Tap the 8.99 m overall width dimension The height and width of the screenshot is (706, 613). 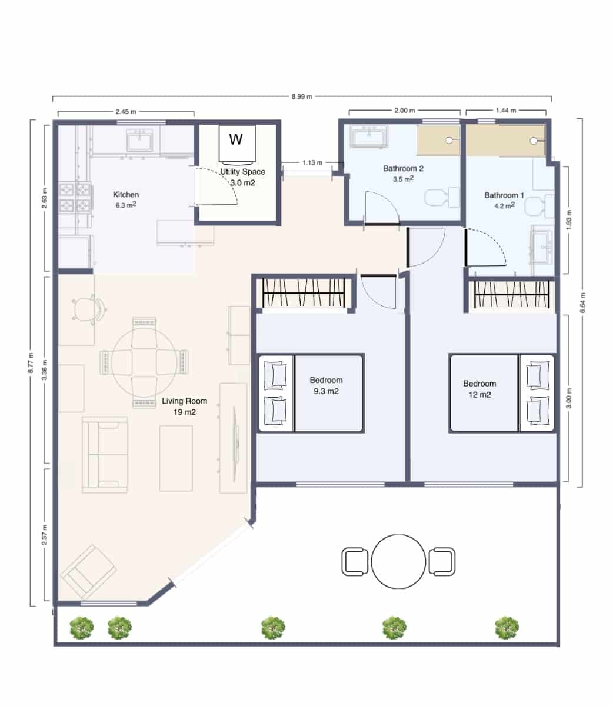[301, 96]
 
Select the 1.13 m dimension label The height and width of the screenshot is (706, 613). [312, 163]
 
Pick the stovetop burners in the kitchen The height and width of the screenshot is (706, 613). [76, 198]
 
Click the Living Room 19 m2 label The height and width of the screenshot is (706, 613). [184, 407]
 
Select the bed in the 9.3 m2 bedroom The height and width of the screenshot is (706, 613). [311, 393]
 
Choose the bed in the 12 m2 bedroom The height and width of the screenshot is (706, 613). [501, 393]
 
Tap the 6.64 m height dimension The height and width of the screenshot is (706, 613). [584, 303]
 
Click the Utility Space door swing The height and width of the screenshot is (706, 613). [215, 187]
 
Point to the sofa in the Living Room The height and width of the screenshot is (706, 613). [105, 454]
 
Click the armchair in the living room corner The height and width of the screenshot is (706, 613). [88, 571]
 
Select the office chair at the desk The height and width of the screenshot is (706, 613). [89, 308]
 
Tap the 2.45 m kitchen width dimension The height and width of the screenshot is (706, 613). [125, 111]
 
